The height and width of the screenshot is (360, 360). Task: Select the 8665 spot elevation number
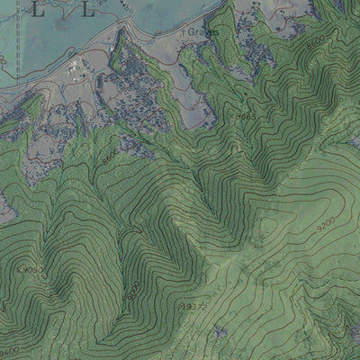pos(246,117)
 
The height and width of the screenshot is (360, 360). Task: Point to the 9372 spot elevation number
pos(196,307)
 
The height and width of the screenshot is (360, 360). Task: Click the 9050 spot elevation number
pos(31,269)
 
